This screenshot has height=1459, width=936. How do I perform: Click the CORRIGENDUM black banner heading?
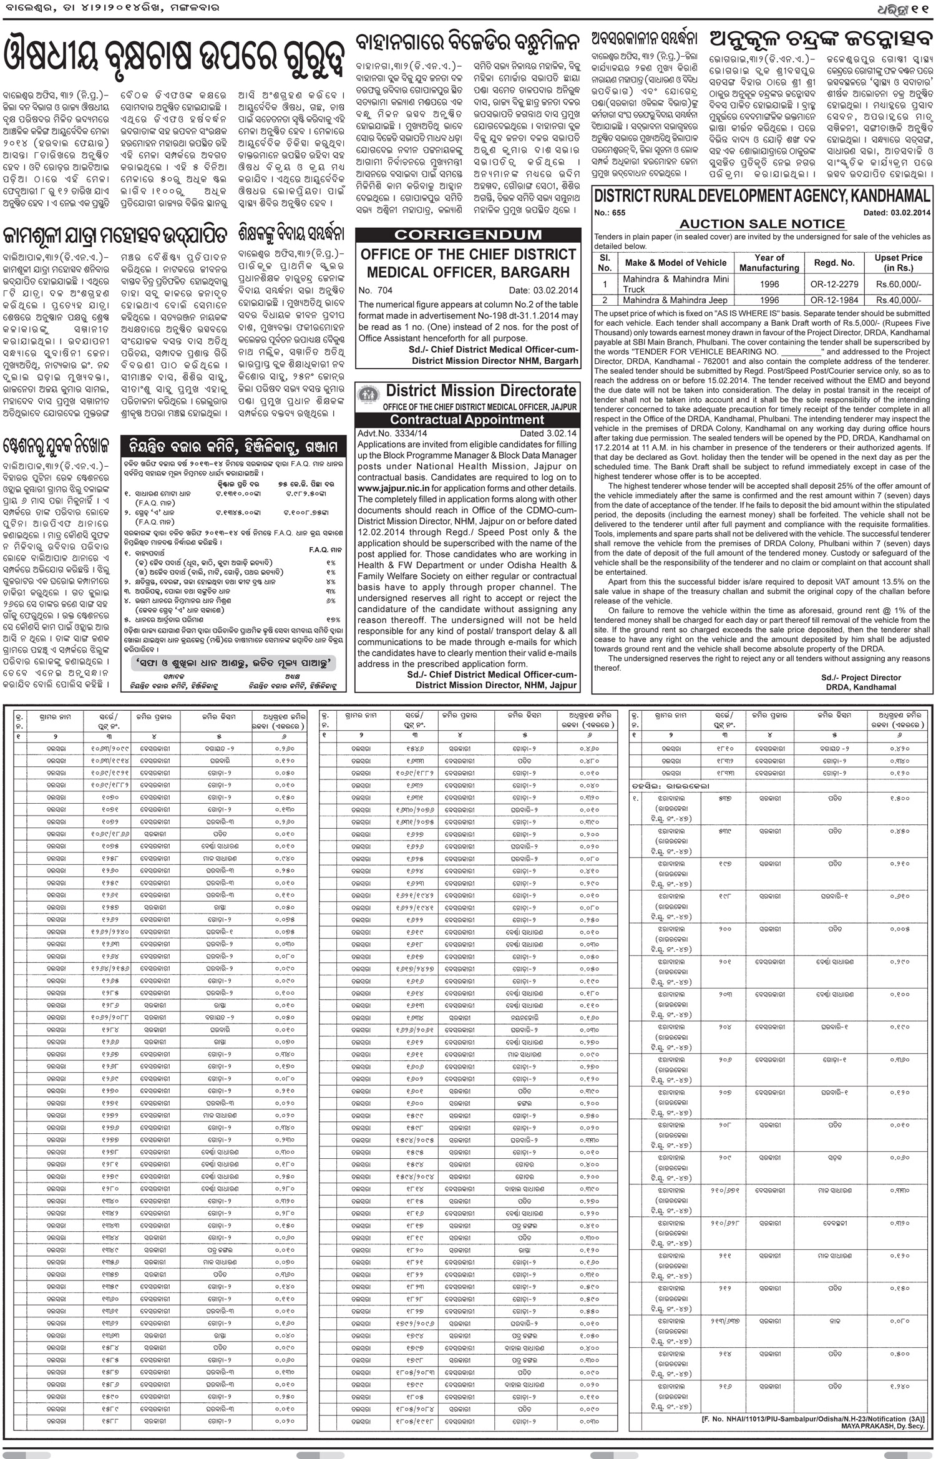pos(468,235)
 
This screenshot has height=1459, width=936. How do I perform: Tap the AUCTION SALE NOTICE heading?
pos(762,223)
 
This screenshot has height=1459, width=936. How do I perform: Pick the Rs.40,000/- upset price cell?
pos(898,300)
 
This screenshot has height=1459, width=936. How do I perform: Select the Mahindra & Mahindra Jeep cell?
pos(675,300)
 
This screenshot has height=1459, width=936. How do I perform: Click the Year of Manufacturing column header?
pos(769,262)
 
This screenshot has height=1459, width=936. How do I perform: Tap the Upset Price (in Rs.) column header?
pos(898,262)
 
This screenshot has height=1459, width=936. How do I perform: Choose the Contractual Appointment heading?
pos(468,420)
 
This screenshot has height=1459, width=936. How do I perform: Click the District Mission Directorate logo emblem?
pos(368,395)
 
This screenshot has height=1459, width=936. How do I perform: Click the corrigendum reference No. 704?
pos(376,290)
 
